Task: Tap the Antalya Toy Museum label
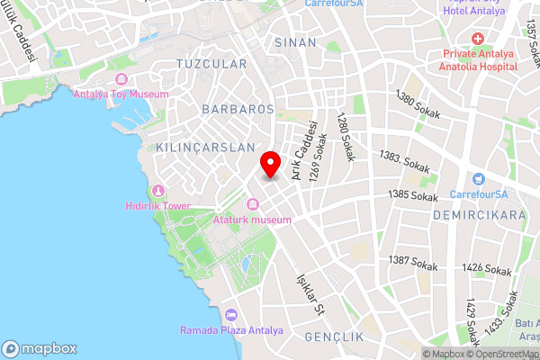click(121, 93)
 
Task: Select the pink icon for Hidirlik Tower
click(158, 190)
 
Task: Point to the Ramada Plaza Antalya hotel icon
click(231, 315)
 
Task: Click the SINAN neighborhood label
click(295, 42)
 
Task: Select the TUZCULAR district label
click(211, 65)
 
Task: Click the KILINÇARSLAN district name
click(205, 146)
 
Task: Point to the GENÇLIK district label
click(333, 337)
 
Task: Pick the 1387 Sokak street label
click(413, 263)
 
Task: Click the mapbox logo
click(40, 348)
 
